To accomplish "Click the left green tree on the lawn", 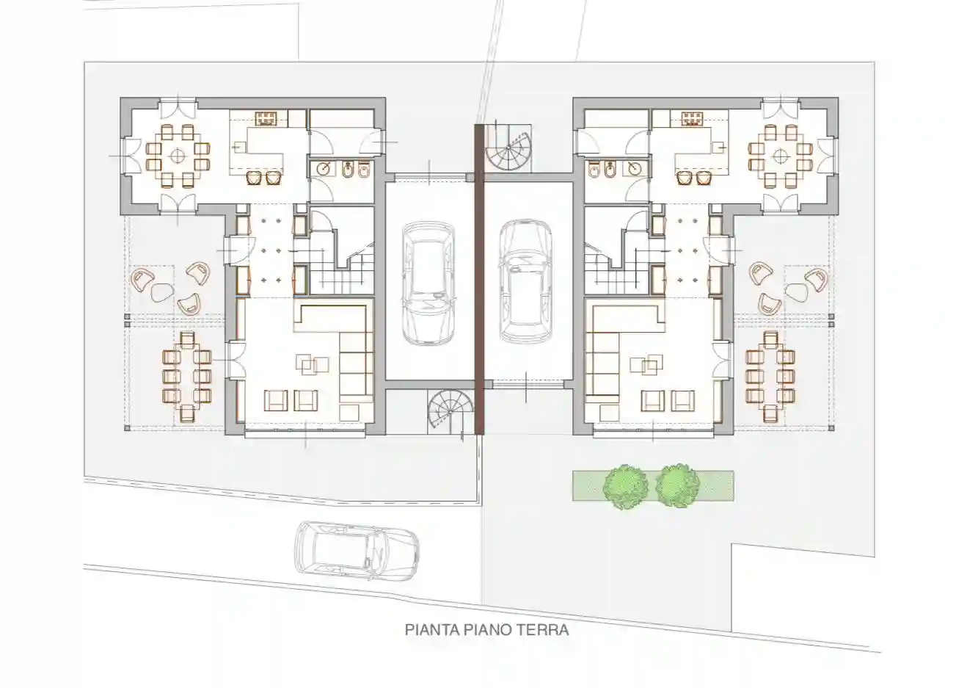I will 625,485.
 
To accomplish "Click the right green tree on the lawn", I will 676,485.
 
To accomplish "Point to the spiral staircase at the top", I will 511,151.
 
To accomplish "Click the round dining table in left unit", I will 177,156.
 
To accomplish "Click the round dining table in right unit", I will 779,156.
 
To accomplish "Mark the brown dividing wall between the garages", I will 479,279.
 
